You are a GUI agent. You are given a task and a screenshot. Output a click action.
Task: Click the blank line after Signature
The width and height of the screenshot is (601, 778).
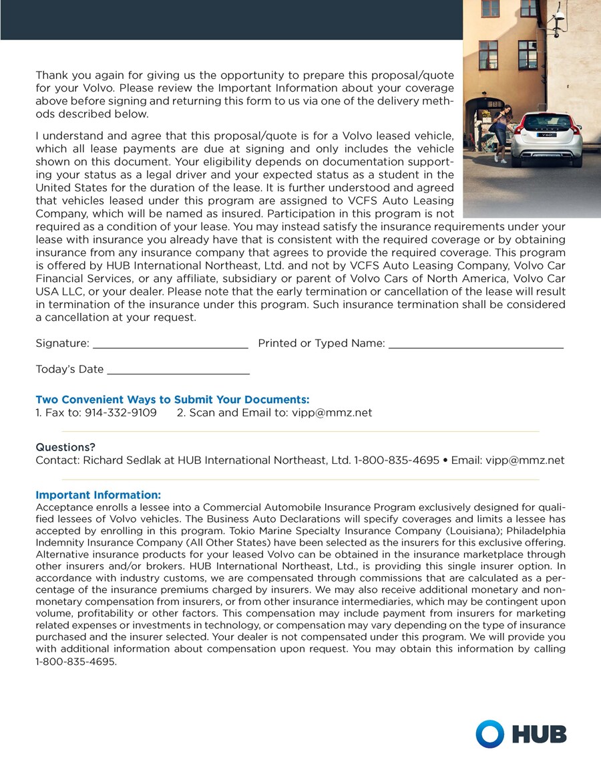[x=170, y=346]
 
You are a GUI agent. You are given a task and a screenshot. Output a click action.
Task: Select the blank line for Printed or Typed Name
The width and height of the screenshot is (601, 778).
[x=475, y=346]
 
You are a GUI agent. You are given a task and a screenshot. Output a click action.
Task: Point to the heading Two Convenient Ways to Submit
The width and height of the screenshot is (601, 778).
[x=172, y=400]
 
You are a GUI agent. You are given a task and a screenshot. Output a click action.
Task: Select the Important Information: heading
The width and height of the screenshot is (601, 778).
[x=98, y=495]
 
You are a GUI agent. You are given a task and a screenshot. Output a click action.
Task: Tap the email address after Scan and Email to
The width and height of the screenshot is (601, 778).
[x=332, y=413]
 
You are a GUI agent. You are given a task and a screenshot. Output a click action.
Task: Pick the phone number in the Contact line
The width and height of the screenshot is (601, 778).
[x=397, y=461]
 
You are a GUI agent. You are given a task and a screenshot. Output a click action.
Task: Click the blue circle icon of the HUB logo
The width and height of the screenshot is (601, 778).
[x=489, y=734]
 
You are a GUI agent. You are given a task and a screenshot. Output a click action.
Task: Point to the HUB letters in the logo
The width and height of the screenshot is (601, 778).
[x=539, y=735]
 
